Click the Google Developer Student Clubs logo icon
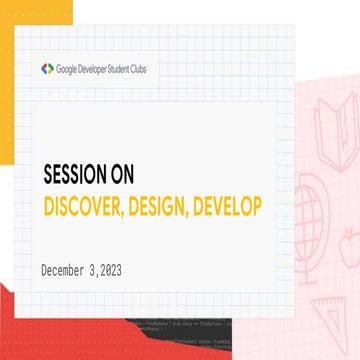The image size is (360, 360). click(x=47, y=69)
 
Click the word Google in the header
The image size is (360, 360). click(x=70, y=69)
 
